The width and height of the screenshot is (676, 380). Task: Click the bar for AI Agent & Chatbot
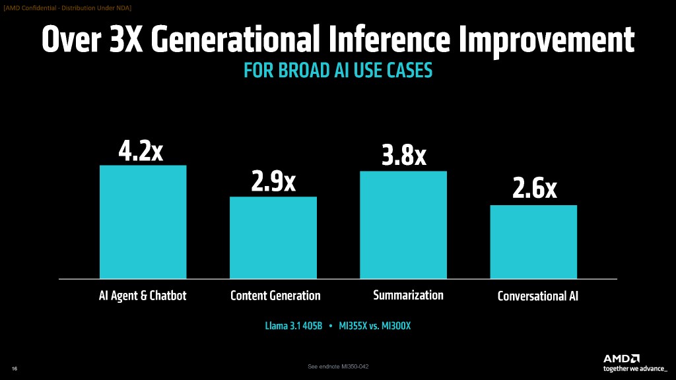[143, 222]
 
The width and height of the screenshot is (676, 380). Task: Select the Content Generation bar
[273, 237]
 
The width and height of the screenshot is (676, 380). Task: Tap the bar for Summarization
[403, 224]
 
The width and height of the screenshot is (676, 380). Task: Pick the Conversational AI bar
[533, 241]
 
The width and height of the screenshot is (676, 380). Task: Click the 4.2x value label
[141, 151]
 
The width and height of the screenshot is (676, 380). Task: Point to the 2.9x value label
[273, 183]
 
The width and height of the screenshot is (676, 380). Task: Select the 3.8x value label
[404, 157]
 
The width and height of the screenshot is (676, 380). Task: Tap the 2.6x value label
[535, 191]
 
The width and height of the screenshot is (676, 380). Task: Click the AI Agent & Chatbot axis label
[143, 296]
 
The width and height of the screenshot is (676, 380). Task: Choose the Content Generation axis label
[275, 296]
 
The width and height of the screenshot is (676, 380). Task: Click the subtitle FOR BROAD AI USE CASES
[338, 71]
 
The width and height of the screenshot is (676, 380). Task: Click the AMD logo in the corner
[621, 358]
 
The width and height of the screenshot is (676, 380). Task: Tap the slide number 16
[15, 368]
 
